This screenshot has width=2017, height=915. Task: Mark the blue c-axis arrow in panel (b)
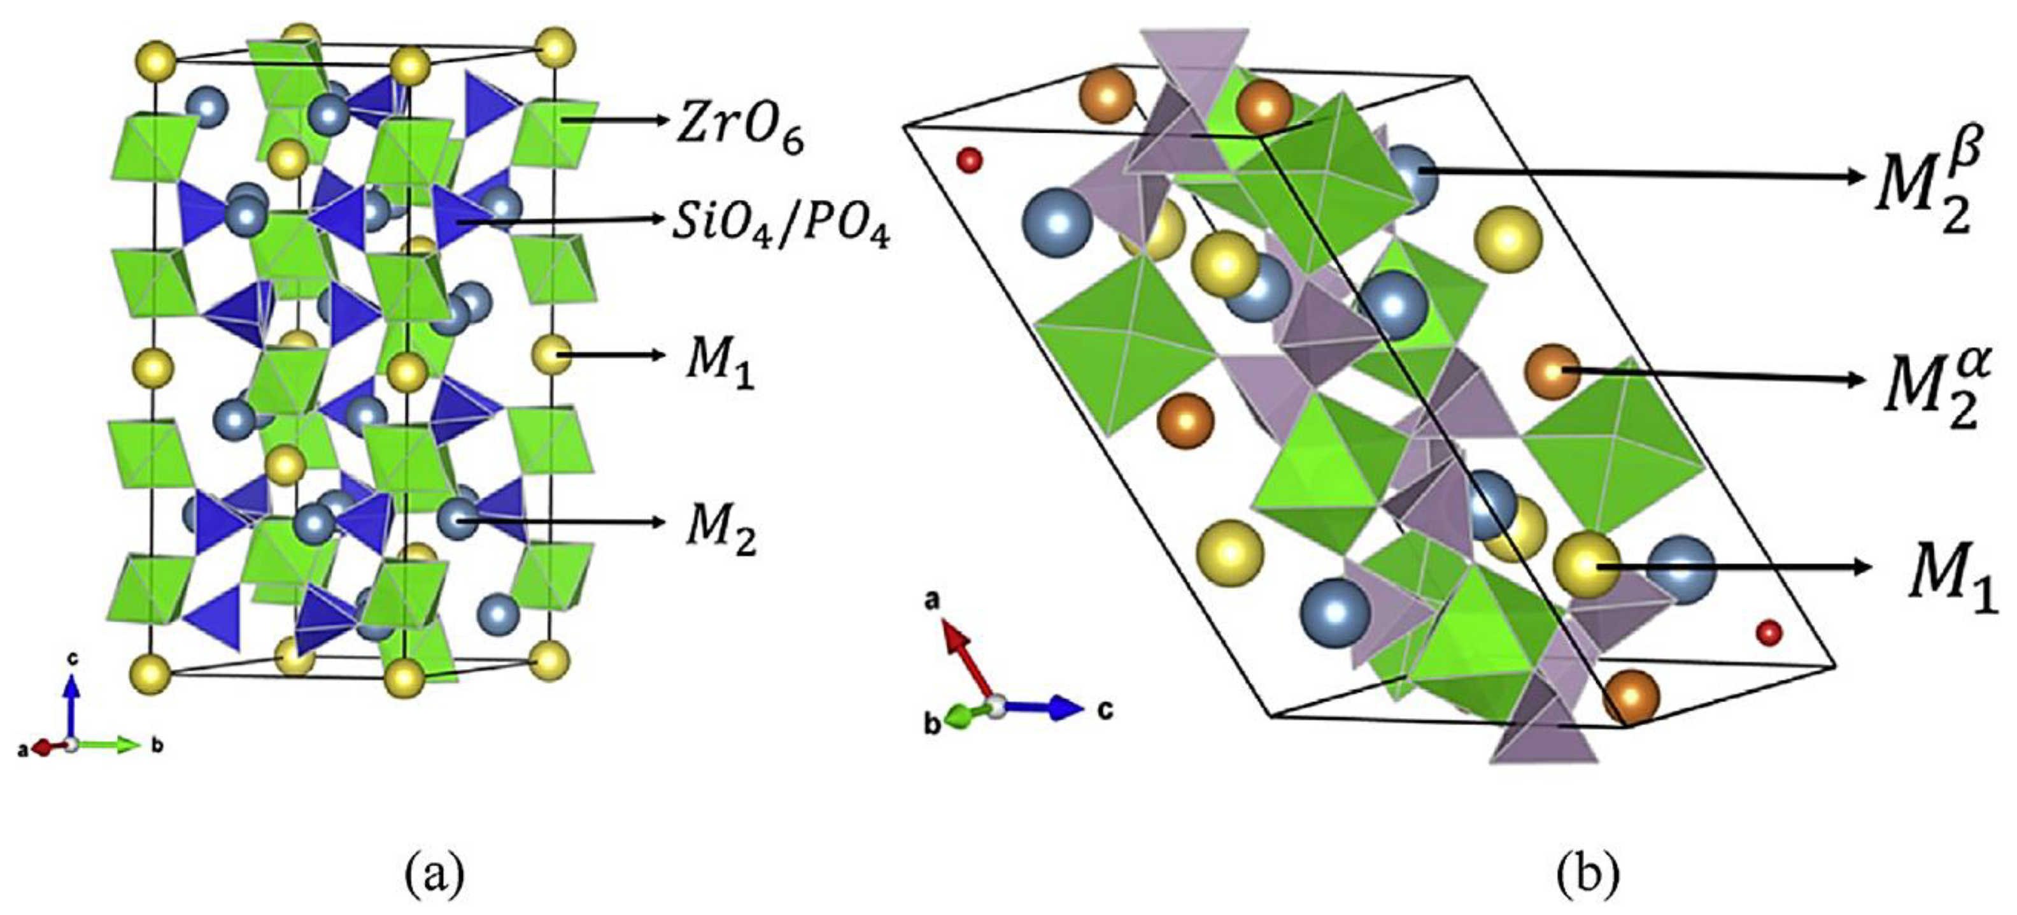(x=1042, y=707)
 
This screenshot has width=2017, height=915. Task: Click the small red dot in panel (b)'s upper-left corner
(x=970, y=161)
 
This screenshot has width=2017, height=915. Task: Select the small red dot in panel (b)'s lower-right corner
(x=1769, y=631)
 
